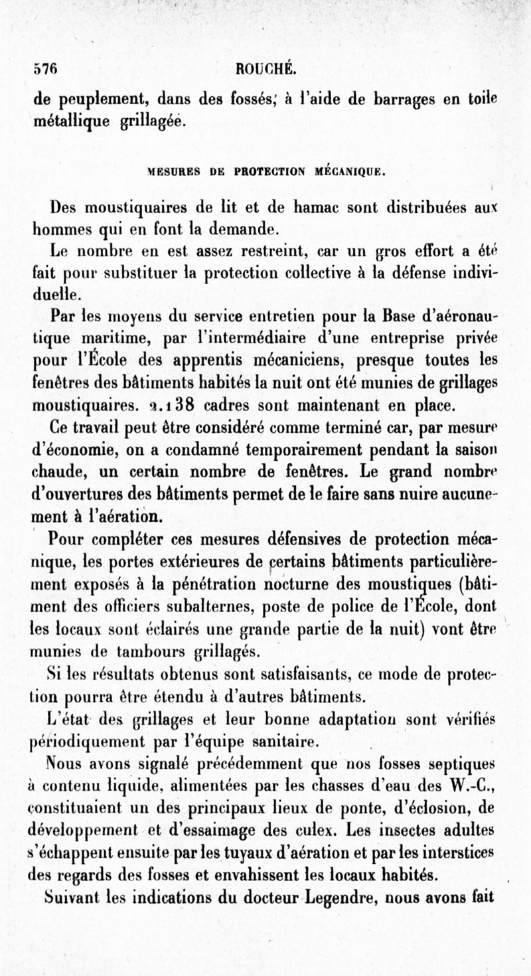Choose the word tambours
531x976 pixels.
(x=159, y=649)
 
